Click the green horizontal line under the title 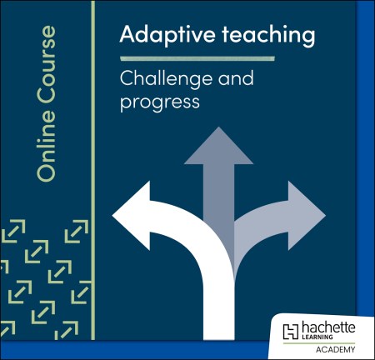[197, 59]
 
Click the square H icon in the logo [291, 330]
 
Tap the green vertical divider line [92, 167]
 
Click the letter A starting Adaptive [127, 35]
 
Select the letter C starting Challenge [127, 81]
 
